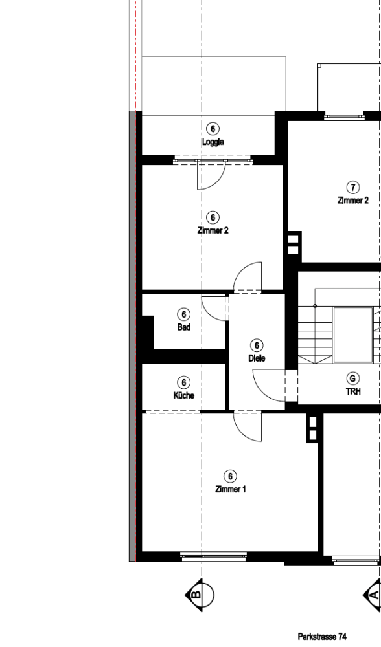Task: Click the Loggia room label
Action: click(x=213, y=142)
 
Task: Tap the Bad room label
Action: click(x=184, y=327)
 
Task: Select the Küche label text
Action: click(x=184, y=395)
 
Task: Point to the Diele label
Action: click(x=257, y=358)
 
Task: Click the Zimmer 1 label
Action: click(x=231, y=489)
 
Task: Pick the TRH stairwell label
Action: click(x=353, y=391)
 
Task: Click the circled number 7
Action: click(x=353, y=188)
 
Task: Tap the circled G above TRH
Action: click(x=353, y=378)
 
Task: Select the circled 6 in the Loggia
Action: click(x=213, y=129)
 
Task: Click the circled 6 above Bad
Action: click(x=184, y=314)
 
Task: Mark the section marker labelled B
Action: click(x=200, y=595)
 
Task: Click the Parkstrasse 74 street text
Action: click(x=322, y=637)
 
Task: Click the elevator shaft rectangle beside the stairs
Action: click(x=353, y=335)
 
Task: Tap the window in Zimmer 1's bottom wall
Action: click(x=214, y=556)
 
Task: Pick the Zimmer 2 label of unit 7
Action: click(x=353, y=201)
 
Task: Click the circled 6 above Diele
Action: click(x=257, y=345)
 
